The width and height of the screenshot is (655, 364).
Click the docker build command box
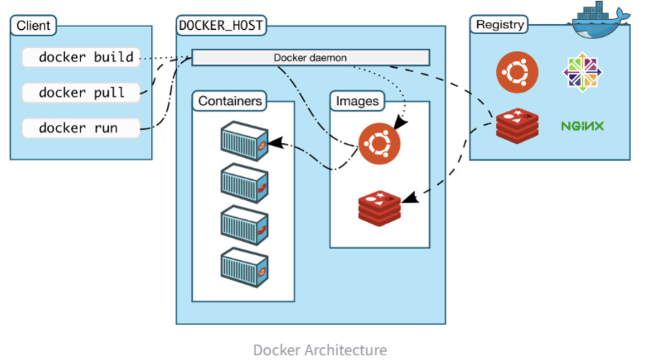pyautogui.click(x=81, y=57)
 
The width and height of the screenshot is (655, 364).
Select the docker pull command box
pyautogui.click(x=81, y=93)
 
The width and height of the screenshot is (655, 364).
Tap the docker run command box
pyautogui.click(x=81, y=128)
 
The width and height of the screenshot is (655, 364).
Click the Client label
pyautogui.click(x=34, y=25)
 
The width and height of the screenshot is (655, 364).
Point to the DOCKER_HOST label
pyautogui.click(x=221, y=25)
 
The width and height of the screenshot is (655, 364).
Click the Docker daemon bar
pyautogui.click(x=310, y=57)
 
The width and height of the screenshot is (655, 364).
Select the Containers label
pyautogui.click(x=230, y=101)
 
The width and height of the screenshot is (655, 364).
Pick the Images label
pyautogui.click(x=357, y=101)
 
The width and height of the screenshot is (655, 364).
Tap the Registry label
pyautogui.click(x=499, y=25)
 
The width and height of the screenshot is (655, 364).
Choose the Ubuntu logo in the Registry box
pyautogui.click(x=517, y=72)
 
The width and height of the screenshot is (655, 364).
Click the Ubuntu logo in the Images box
pyautogui.click(x=379, y=143)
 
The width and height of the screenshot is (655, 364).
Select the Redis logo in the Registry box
pyautogui.click(x=517, y=126)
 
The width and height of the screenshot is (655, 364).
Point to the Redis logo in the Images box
pyautogui.click(x=379, y=208)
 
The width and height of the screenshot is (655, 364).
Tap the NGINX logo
pyautogui.click(x=582, y=126)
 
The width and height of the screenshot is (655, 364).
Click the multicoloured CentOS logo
pyautogui.click(x=582, y=72)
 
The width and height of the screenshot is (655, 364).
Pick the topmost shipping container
pyautogui.click(x=244, y=141)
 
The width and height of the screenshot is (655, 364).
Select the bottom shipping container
pyautogui.click(x=244, y=267)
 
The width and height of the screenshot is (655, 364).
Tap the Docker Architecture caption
pyautogui.click(x=320, y=350)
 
